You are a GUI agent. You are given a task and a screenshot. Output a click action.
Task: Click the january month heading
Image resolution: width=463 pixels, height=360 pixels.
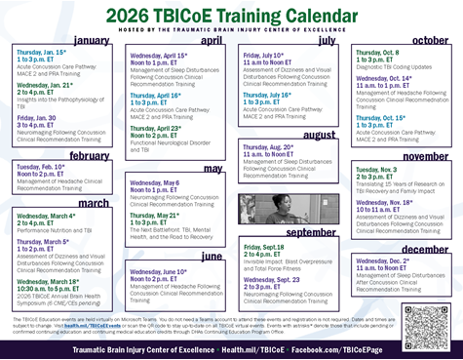pos(91,40)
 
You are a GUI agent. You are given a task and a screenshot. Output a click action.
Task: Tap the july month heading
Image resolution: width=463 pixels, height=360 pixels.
pos(327,40)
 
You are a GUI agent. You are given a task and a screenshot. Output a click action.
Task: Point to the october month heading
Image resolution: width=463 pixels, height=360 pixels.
pos(430,40)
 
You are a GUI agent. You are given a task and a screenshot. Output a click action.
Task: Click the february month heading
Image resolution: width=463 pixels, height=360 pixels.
pos(90,155)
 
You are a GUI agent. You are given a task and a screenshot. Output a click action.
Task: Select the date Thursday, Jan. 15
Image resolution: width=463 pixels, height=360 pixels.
pos(40,52)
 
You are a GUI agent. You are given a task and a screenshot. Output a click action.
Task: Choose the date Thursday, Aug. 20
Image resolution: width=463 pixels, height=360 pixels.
pos(270,144)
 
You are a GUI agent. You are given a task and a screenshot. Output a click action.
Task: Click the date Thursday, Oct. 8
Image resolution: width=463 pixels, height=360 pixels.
pos(378,53)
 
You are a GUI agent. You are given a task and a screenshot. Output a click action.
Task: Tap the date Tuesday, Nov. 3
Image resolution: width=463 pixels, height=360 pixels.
pos(377,168)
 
